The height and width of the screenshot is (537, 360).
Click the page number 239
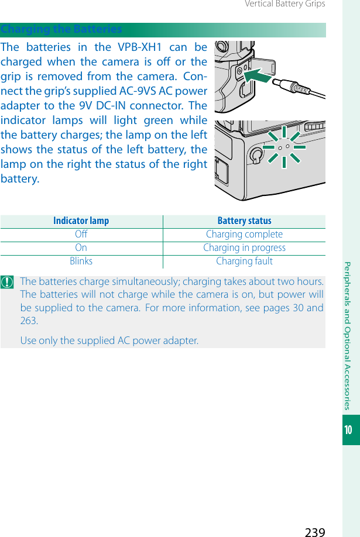(315, 531)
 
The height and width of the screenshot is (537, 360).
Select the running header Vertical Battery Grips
(285, 5)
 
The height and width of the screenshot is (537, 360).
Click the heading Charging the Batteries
(61, 29)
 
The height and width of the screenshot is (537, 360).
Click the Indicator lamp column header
(81, 221)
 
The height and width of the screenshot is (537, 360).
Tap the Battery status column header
(244, 221)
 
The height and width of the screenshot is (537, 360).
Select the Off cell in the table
(81, 235)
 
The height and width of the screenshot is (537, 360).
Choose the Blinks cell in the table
(81, 261)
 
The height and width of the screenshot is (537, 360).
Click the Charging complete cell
(244, 235)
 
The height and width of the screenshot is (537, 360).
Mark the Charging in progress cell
(244, 248)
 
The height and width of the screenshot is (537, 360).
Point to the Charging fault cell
(244, 261)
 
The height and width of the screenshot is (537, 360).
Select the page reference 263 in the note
(29, 321)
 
